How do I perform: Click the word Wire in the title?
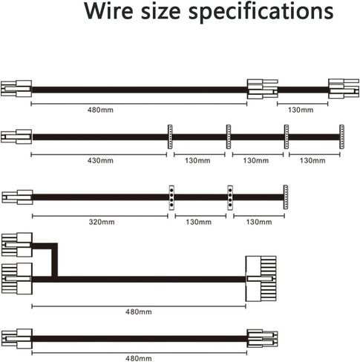(x=109, y=10)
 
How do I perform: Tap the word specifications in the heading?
(x=261, y=12)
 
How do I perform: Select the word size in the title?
(x=161, y=11)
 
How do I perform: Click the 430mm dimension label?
(x=100, y=160)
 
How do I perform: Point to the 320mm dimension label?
(x=102, y=222)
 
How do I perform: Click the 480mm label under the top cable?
(x=100, y=110)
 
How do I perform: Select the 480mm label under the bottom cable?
(x=139, y=358)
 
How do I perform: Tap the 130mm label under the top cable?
(x=301, y=110)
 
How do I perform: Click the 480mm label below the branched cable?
(x=139, y=312)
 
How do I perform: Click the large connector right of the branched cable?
(x=261, y=279)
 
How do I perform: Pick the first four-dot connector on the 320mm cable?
(x=171, y=197)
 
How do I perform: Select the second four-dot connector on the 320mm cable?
(x=230, y=197)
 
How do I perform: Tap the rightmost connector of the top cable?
(x=344, y=89)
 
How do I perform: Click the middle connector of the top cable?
(x=263, y=89)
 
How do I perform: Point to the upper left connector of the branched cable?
(x=17, y=245)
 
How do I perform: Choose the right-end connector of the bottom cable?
(x=262, y=338)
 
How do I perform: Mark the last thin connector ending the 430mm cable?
(x=341, y=136)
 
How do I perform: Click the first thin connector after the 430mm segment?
(x=170, y=136)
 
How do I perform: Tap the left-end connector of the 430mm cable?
(x=16, y=136)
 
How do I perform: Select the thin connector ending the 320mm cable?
(x=286, y=197)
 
